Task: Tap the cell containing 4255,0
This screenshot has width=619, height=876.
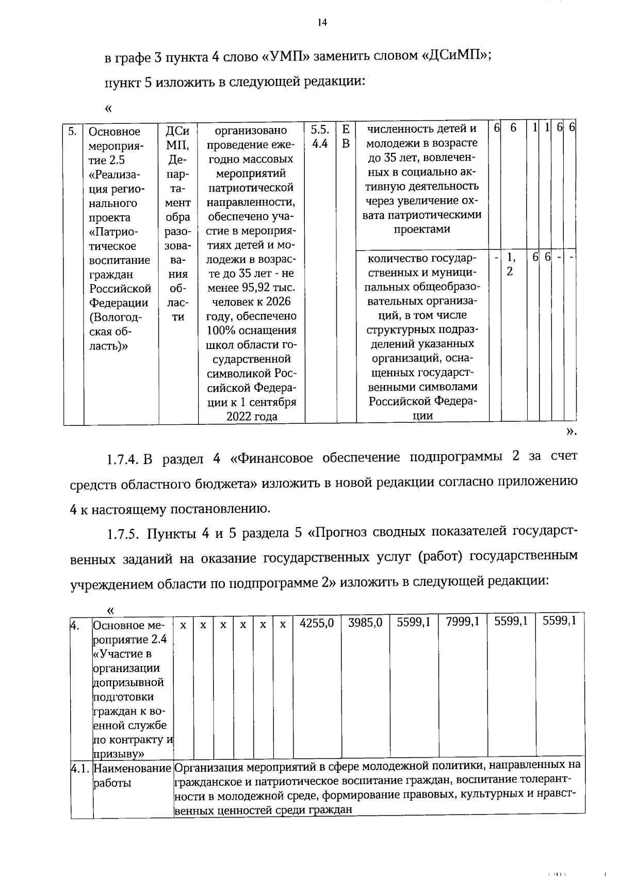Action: coord(317,623)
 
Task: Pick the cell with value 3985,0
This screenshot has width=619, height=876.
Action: coord(365,623)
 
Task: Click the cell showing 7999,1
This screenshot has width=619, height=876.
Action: coord(463,623)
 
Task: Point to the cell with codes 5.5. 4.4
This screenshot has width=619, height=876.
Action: coord(320,136)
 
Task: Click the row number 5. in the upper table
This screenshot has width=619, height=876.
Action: coord(73,132)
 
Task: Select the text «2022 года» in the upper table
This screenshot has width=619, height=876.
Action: coord(252,416)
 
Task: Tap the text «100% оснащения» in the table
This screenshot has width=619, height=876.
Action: coord(252,330)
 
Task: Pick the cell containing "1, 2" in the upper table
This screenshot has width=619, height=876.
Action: coord(510,264)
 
